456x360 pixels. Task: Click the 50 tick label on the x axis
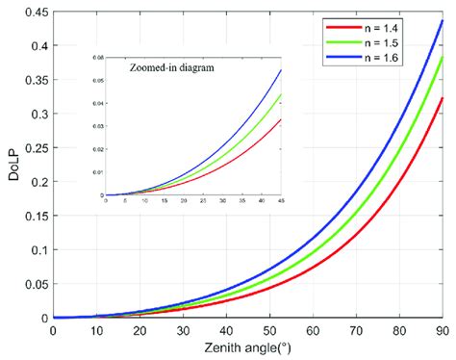click(268, 330)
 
